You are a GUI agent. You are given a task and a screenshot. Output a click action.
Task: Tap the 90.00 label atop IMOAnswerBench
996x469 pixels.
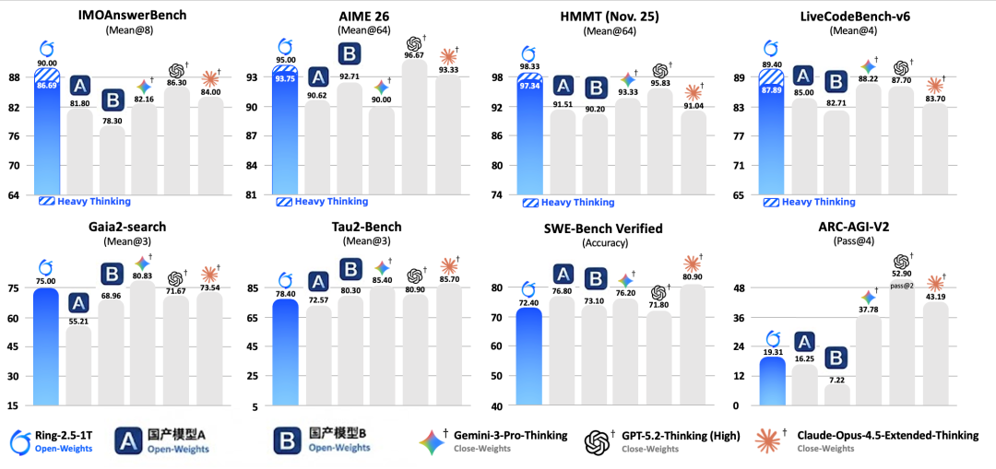click(x=48, y=63)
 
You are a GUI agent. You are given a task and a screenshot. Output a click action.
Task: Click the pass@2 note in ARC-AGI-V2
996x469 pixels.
click(x=901, y=287)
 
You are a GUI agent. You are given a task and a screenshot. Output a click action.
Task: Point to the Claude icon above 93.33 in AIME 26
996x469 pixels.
click(x=447, y=56)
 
